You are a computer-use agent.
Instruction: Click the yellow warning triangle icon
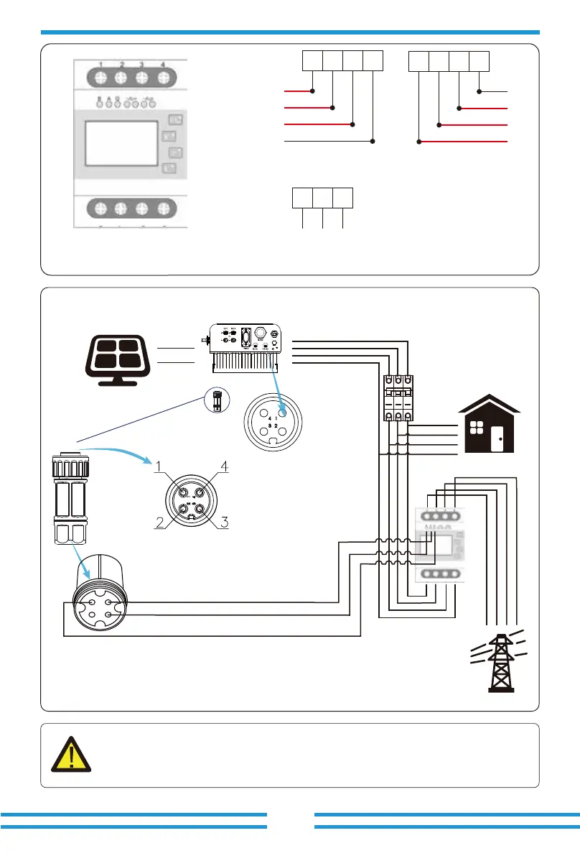point(72,755)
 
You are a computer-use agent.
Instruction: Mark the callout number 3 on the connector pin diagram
point(224,523)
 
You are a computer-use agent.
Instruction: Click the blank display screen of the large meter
point(121,144)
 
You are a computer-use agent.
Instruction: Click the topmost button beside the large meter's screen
point(174,119)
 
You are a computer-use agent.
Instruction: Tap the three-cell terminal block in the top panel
point(322,198)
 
